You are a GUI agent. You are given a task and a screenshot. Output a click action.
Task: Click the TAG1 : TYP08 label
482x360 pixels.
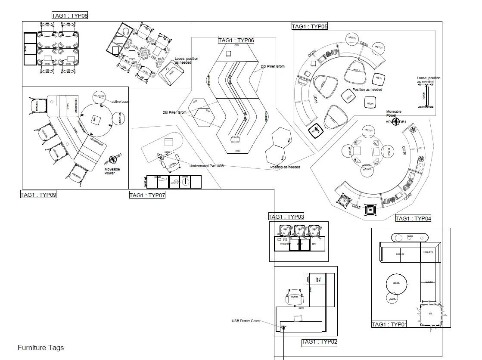(69, 16)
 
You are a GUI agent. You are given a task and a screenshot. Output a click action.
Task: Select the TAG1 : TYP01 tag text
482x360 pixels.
(389, 324)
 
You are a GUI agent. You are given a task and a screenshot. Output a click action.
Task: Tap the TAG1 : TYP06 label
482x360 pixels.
(236, 40)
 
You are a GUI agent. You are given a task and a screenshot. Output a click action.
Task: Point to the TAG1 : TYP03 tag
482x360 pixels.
(286, 217)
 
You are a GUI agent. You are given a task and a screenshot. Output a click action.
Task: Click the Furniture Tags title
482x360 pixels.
(40, 348)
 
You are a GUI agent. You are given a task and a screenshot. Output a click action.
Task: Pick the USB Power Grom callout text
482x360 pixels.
(246, 321)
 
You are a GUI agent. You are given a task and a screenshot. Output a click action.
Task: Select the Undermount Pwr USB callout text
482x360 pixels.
(206, 166)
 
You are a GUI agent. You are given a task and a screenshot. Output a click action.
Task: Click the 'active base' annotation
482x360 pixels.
(120, 102)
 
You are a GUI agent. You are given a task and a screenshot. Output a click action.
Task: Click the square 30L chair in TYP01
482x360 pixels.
(430, 314)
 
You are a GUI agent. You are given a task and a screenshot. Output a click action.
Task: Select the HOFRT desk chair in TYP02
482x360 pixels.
(295, 297)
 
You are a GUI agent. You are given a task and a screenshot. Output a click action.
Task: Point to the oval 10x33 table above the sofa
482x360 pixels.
(409, 236)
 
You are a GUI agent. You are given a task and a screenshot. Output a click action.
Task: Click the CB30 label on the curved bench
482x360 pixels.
(364, 44)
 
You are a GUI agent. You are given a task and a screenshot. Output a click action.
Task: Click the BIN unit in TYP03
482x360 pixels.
(314, 244)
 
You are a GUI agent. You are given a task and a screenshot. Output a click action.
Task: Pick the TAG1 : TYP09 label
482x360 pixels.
(38, 195)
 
